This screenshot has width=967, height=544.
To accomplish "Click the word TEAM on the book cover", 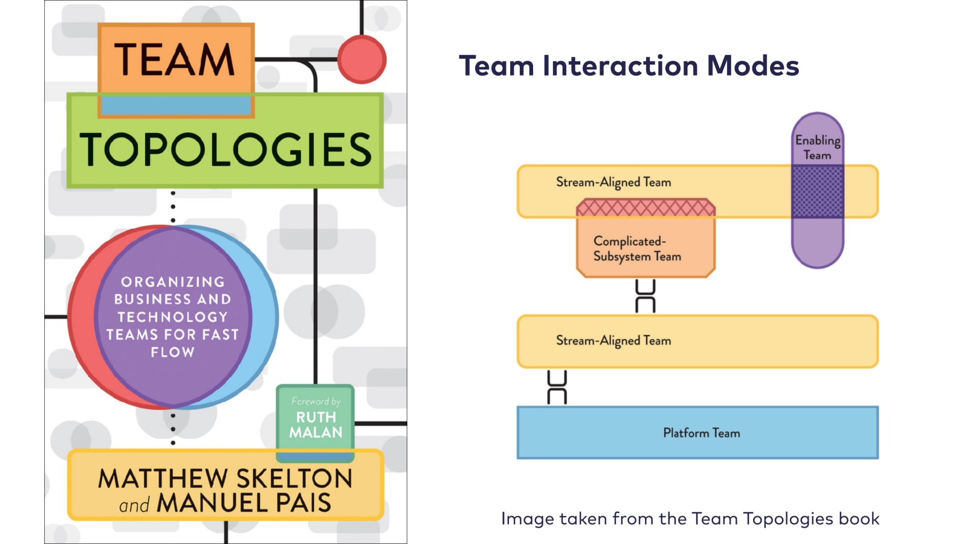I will coord(175,59).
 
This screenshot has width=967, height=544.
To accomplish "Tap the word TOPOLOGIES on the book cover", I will coord(225,150).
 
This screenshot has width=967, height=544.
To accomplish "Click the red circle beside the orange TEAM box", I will coord(361,59).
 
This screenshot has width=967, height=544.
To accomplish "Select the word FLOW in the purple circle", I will coord(173,352).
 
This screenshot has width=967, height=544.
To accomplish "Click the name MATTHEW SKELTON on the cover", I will coord(225,478).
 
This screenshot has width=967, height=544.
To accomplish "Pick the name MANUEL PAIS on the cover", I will coord(244,503).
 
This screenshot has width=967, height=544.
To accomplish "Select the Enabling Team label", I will coord(817,147).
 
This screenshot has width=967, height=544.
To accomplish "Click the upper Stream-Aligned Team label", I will coord(613,182).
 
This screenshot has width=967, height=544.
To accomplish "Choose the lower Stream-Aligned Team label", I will coord(613,340).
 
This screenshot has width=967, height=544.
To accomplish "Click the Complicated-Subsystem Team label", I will coord(637,248).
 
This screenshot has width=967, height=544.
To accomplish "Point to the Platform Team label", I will coord(701,433).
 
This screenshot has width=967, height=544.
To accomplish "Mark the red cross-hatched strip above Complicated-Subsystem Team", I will coord(645,208).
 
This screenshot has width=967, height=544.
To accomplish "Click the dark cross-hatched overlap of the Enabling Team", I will coord(817,192).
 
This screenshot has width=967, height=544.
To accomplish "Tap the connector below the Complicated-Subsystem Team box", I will coord(645,296).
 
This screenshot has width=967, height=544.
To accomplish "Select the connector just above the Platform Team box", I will coord(557,387).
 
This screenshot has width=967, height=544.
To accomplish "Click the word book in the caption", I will coord(859,519).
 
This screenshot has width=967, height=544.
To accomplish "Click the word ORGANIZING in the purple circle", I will coord(173,282).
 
